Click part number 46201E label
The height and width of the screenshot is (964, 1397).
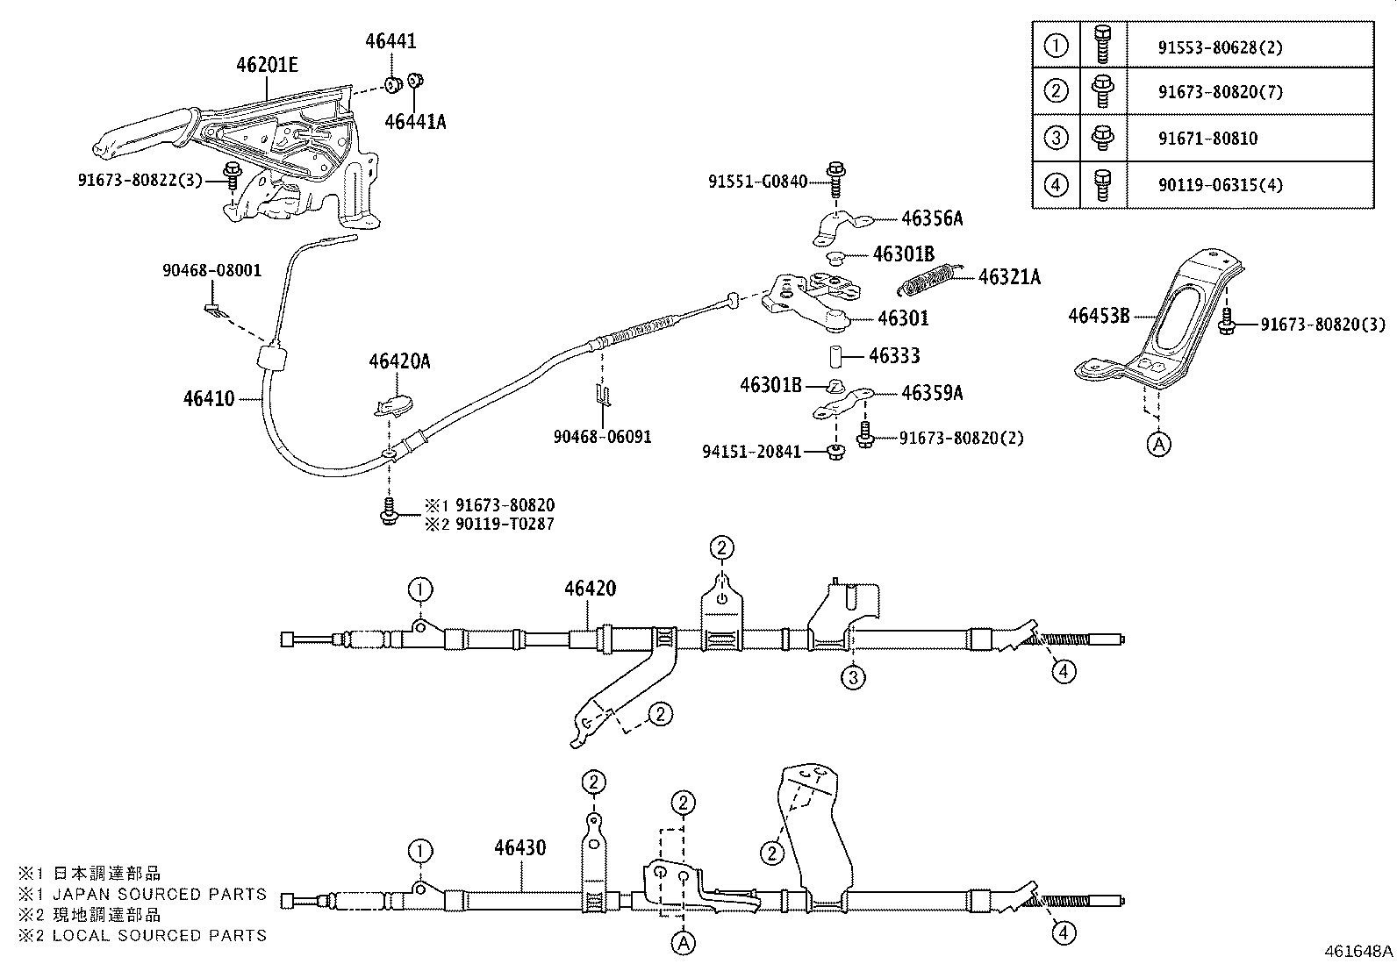click(x=267, y=64)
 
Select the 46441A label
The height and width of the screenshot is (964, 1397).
click(x=415, y=122)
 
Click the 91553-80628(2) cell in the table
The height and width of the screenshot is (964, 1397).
click(x=1219, y=47)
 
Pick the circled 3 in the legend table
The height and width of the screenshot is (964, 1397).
click(x=1057, y=138)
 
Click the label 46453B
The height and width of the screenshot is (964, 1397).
click(x=1099, y=316)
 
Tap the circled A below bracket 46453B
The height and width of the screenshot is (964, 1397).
click(x=1158, y=445)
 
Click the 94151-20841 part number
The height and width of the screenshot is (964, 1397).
click(x=751, y=453)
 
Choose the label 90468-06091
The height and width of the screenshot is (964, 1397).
click(x=602, y=436)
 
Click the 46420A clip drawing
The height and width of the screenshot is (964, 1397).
click(x=394, y=404)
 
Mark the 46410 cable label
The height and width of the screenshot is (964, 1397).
click(x=209, y=399)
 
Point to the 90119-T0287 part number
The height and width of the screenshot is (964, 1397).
click(x=505, y=525)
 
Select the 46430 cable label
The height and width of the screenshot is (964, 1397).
click(x=519, y=848)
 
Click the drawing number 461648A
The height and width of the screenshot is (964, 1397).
click(x=1358, y=951)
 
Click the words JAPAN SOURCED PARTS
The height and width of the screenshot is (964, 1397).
click(x=160, y=895)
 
